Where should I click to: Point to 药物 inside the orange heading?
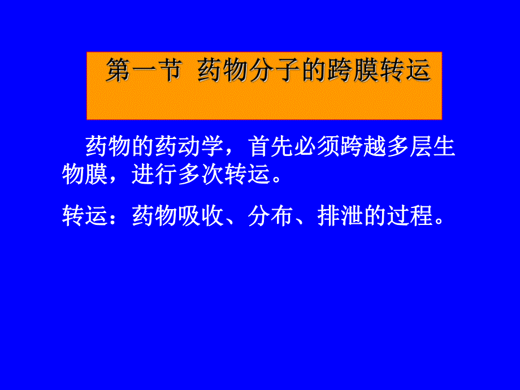(221, 72)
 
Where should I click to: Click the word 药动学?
(190, 147)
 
